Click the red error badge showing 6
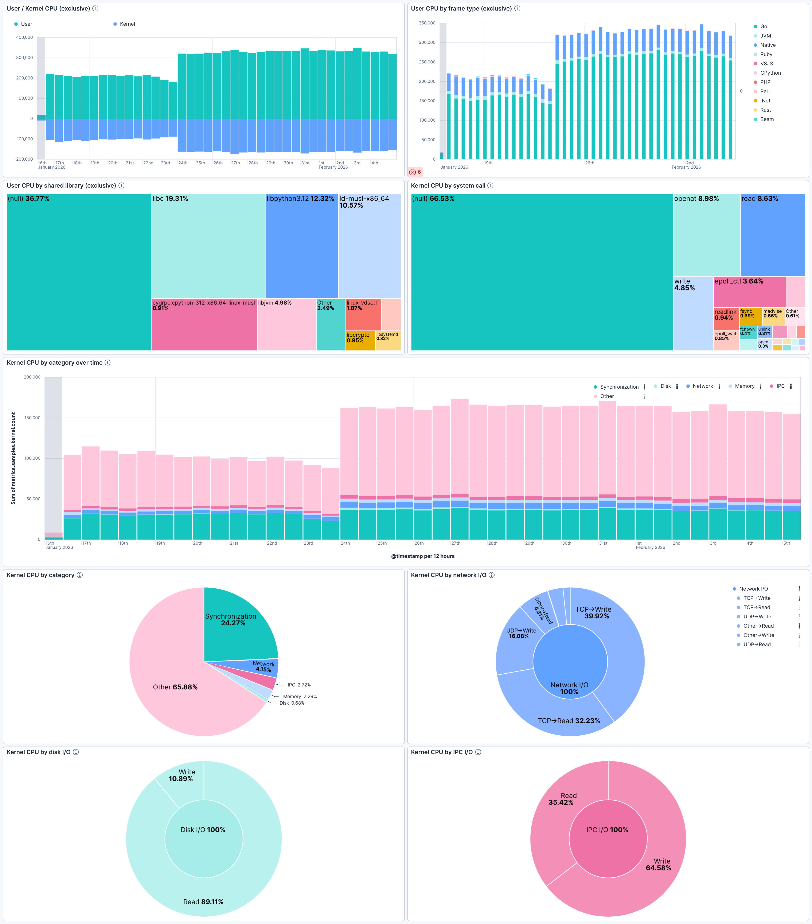(415, 172)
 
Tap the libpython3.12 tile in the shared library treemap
(302, 246)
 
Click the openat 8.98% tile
(707, 235)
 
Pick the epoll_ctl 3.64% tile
(749, 291)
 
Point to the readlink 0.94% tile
(726, 319)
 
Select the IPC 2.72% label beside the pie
(299, 685)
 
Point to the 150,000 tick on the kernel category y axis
(32, 418)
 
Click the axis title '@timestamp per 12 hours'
(423, 556)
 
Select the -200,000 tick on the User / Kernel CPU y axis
(24, 159)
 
